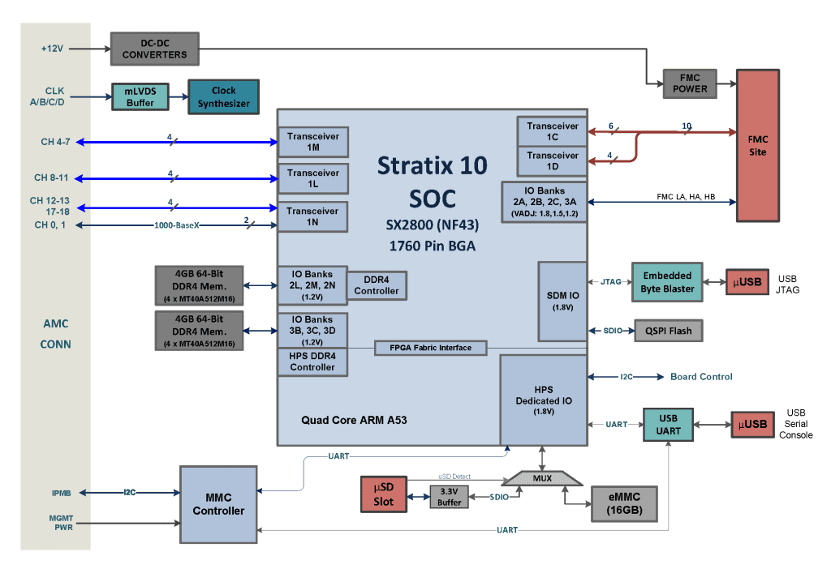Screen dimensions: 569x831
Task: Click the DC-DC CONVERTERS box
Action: click(x=154, y=49)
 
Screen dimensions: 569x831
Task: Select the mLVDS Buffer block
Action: click(x=140, y=97)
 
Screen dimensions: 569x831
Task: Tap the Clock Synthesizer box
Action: click(x=223, y=96)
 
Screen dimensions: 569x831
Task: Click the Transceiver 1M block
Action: click(x=312, y=142)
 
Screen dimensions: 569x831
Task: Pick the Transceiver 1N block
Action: click(x=312, y=216)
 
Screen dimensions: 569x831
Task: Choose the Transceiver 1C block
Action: click(x=552, y=131)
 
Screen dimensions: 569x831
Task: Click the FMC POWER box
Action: click(x=690, y=83)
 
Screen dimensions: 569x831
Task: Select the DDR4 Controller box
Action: click(x=377, y=285)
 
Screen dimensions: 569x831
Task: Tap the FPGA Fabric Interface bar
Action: click(x=433, y=348)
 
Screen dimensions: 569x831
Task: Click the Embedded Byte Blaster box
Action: click(x=668, y=282)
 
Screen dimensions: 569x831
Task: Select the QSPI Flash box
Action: click(x=669, y=331)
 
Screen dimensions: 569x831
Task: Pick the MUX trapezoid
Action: click(x=541, y=478)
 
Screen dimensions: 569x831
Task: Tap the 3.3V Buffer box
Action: click(x=449, y=497)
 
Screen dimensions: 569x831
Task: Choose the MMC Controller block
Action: click(x=218, y=504)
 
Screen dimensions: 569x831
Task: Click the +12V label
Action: click(x=52, y=48)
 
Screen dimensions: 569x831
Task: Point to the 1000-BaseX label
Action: click(x=176, y=225)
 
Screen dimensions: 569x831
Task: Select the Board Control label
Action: click(x=701, y=377)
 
